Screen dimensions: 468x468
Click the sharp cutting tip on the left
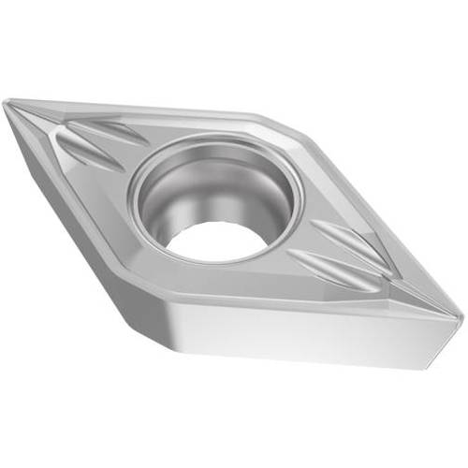(7, 105)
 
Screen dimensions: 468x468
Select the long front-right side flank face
(309, 332)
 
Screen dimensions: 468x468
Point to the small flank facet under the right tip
(447, 337)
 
